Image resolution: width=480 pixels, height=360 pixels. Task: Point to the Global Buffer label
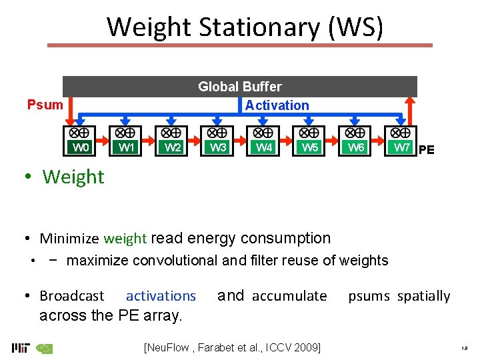pyautogui.click(x=240, y=87)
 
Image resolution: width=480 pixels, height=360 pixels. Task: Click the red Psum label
pyautogui.click(x=45, y=105)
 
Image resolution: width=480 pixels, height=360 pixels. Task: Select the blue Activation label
pyautogui.click(x=277, y=105)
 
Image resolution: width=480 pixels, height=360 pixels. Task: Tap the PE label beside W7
pyautogui.click(x=427, y=150)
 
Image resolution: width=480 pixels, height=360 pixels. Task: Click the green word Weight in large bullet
pyautogui.click(x=73, y=177)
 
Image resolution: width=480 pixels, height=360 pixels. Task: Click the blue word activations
pyautogui.click(x=161, y=296)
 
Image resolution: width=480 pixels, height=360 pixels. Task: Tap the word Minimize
pyautogui.click(x=70, y=239)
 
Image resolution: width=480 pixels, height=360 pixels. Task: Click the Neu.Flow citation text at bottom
pyautogui.click(x=232, y=347)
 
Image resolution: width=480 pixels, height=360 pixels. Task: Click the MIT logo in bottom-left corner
pyautogui.click(x=20, y=347)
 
